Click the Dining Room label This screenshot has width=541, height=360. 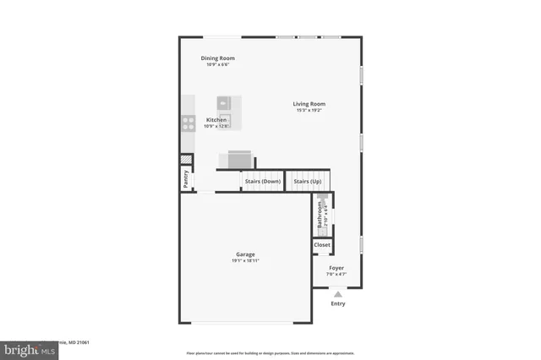pos(218,58)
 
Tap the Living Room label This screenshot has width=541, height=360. pos(309,104)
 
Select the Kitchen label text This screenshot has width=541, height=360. pos(216,120)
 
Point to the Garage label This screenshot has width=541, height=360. pos(245,254)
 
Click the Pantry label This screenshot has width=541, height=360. pos(185,179)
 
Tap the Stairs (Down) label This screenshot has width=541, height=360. pos(263,182)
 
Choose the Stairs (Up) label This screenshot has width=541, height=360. pos(308,182)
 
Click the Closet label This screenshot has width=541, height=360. pos(322,245)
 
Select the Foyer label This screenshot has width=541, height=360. pos(336,268)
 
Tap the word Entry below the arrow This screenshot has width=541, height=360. pos(338,303)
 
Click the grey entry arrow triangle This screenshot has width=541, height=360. pos(338,293)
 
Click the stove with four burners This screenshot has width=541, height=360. pos(187,123)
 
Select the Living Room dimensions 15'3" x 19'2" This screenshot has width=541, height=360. pos(309,111)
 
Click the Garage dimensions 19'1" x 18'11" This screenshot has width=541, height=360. pos(245,261)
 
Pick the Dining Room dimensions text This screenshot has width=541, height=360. pos(218,65)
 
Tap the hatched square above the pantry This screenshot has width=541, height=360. pos(185,161)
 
